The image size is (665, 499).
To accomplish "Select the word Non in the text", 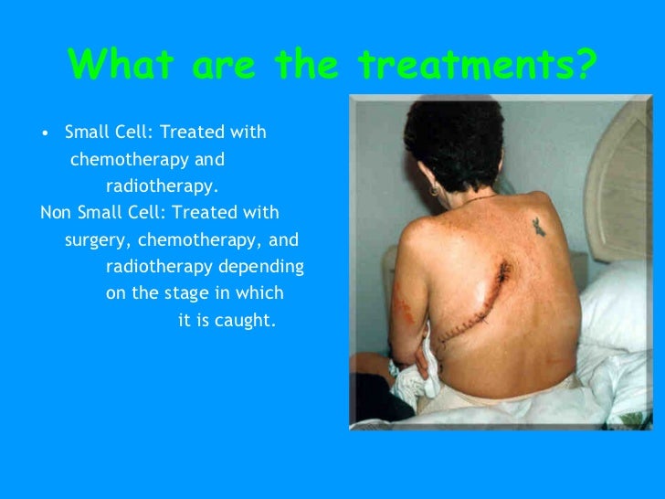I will point(57,213).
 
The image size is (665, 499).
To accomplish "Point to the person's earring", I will point(433,192).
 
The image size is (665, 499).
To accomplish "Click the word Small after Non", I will point(102,213).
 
